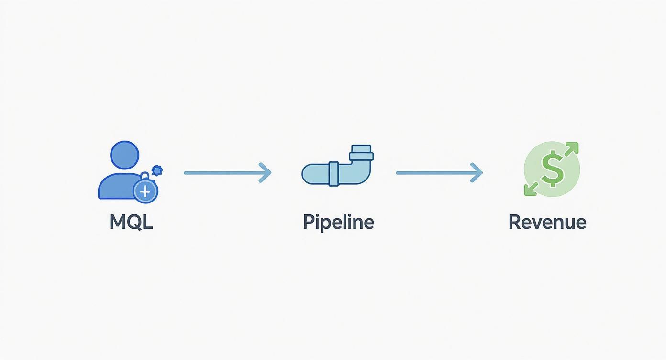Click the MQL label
pos(131,222)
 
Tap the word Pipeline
pos(338,222)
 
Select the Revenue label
pos(547,222)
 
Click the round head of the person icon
pos(124,155)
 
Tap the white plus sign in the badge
pos(145,192)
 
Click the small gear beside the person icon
pos(157,169)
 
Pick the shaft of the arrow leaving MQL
pos(220,172)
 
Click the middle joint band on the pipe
pos(333,173)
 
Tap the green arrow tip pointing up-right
pos(574,147)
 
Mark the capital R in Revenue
pos(514,222)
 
